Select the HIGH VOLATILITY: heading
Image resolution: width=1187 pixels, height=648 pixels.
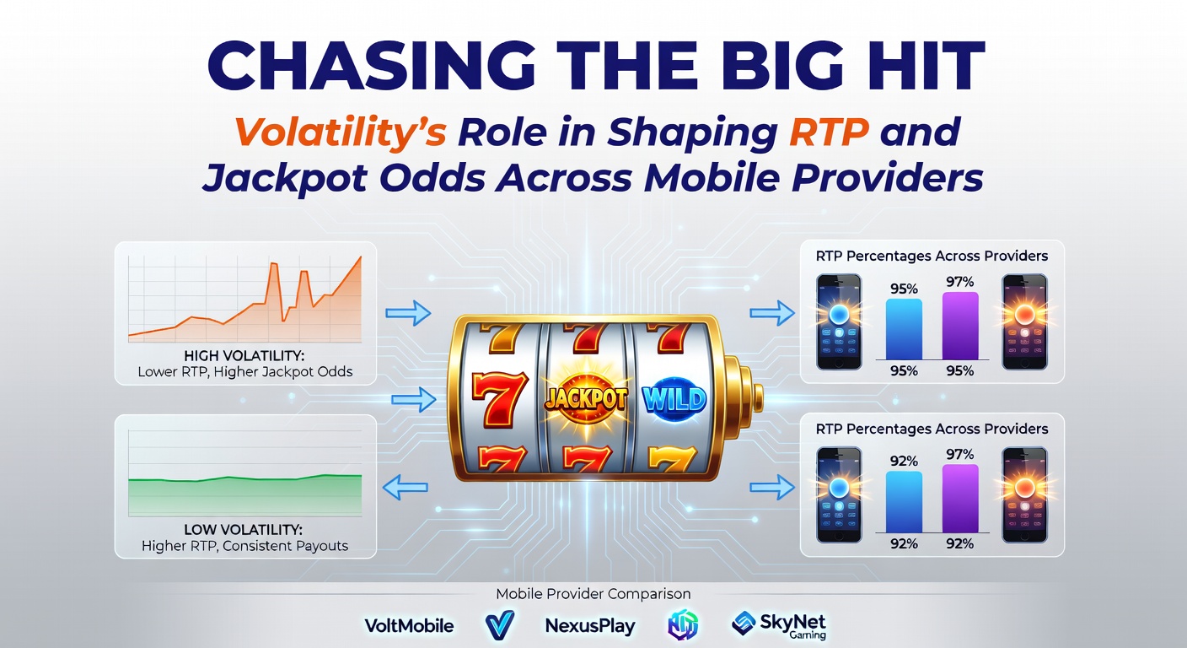coord(244,356)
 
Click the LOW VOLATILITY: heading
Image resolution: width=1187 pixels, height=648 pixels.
coord(244,530)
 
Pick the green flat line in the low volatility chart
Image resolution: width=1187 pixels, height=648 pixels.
coord(244,478)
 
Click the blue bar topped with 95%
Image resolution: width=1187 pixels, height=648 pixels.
coord(904,329)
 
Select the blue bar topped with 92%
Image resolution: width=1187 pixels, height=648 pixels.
coord(904,501)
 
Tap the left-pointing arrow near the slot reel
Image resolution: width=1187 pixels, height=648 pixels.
coord(406,487)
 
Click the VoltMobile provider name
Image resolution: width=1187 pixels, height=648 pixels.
coord(409,625)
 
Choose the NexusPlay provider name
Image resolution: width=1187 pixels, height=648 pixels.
coord(589,625)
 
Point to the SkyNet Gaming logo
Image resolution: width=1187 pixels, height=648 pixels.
coord(780,625)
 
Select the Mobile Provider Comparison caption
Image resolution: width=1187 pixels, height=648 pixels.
coord(593,594)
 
